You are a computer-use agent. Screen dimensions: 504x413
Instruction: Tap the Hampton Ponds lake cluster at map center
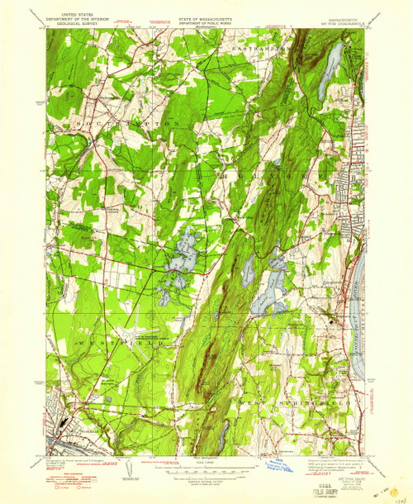[182, 256]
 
